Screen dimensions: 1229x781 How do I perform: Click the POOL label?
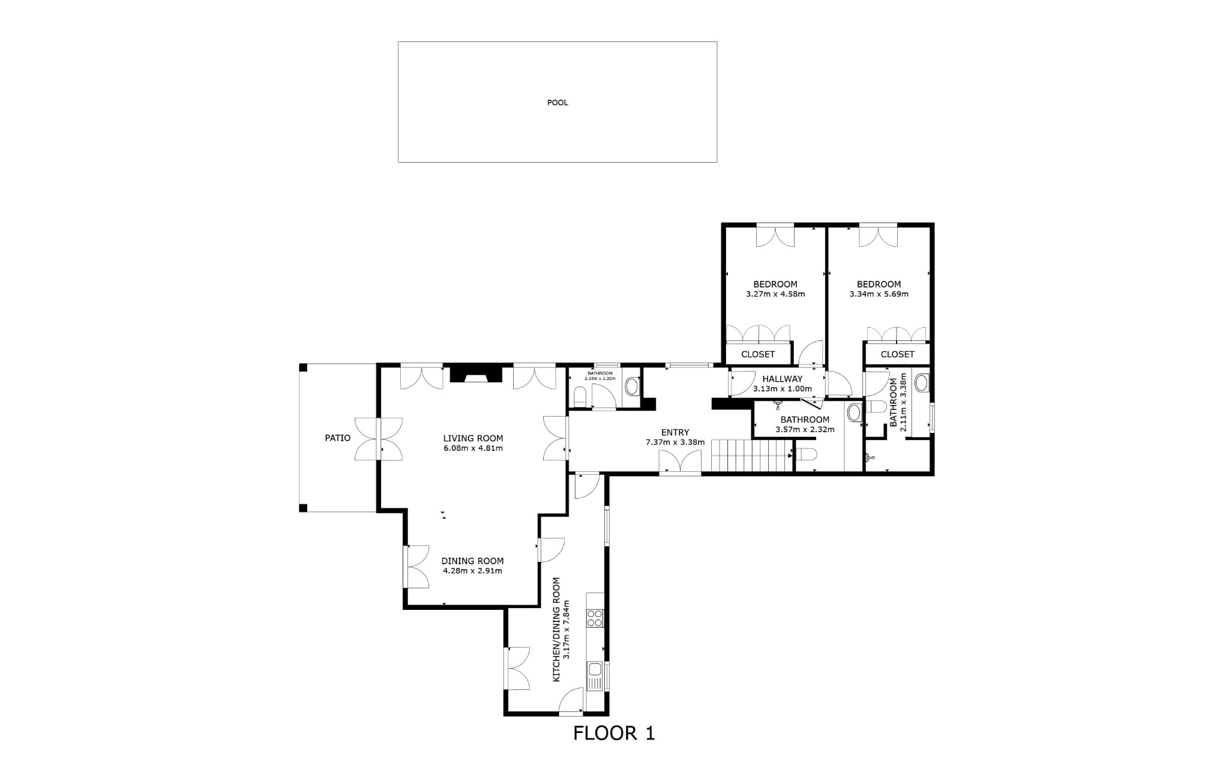coord(557,103)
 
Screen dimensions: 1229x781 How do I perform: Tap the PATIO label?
coord(338,438)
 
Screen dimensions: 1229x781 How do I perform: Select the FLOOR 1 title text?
coord(614,733)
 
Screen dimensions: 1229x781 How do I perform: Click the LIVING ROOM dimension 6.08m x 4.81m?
coord(473,448)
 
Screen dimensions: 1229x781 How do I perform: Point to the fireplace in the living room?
coord(476,374)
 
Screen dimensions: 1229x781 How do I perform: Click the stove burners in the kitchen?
coord(595,618)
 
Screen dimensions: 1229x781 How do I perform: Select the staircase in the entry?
coord(753,456)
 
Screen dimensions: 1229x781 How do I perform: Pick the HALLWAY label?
coord(782,379)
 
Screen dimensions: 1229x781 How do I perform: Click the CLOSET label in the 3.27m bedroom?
coord(758,354)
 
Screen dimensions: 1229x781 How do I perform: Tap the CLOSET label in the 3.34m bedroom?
coord(897,354)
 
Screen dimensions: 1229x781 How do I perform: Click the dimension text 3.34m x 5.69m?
coord(879,294)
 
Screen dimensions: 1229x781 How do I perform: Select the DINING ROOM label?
coord(473,561)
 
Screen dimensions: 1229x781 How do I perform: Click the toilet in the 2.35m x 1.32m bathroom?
coord(580,396)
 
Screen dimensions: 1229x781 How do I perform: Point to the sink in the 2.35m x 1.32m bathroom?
coord(631,386)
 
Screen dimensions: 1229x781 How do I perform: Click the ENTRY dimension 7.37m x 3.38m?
coord(675,442)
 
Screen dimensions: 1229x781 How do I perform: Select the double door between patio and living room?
coord(379,439)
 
